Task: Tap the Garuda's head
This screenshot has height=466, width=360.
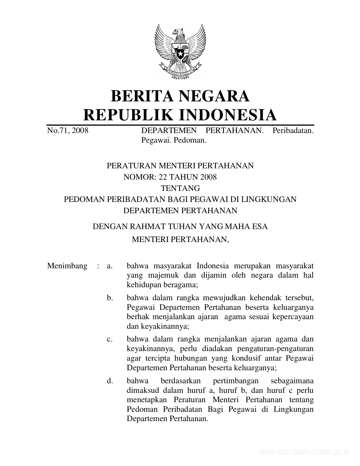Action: pyautogui.click(x=179, y=31)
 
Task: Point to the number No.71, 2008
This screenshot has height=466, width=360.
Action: pyautogui.click(x=67, y=130)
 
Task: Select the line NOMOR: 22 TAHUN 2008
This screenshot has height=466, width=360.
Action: pyautogui.click(x=170, y=177)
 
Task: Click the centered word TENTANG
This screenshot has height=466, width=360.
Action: pyautogui.click(x=180, y=188)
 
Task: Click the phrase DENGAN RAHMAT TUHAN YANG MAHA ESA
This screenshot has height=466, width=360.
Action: pyautogui.click(x=180, y=227)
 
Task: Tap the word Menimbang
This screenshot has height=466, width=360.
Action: pyautogui.click(x=67, y=266)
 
